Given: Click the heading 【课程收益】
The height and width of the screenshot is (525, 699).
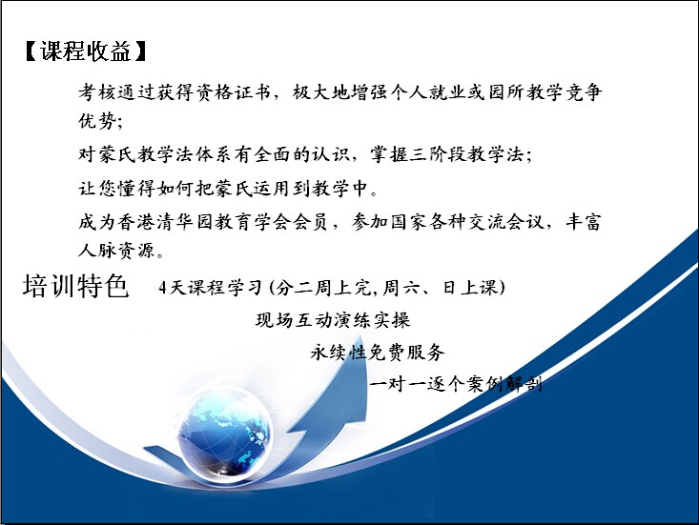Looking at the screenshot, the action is tap(86, 51).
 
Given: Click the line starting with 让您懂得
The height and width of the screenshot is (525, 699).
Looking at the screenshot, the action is tap(228, 188).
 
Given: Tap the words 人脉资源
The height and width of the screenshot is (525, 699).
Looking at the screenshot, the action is tap(116, 251).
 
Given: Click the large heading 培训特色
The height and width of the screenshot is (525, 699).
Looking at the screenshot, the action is tap(76, 286).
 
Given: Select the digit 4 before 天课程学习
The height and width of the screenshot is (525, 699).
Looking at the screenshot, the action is tap(163, 288).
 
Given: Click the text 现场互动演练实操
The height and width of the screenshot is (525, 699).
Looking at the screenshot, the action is tap(333, 320).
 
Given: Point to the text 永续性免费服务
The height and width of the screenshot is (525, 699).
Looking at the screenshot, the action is tap(377, 352).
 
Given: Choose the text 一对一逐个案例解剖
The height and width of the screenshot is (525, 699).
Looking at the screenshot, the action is tap(456, 383).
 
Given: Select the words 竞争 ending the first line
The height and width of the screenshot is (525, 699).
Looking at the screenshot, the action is tap(583, 92).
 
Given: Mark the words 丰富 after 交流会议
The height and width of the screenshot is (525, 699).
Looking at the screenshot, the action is tap(583, 222).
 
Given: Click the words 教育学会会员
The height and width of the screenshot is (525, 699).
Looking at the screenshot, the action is tap(271, 222).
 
